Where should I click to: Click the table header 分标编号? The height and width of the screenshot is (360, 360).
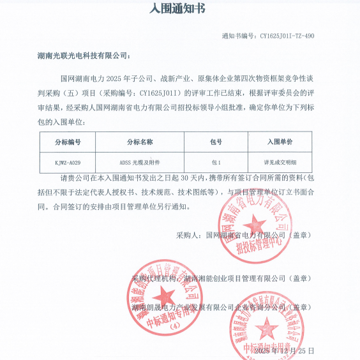[68, 141]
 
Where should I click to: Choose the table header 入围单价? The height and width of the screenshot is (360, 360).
[278, 141]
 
